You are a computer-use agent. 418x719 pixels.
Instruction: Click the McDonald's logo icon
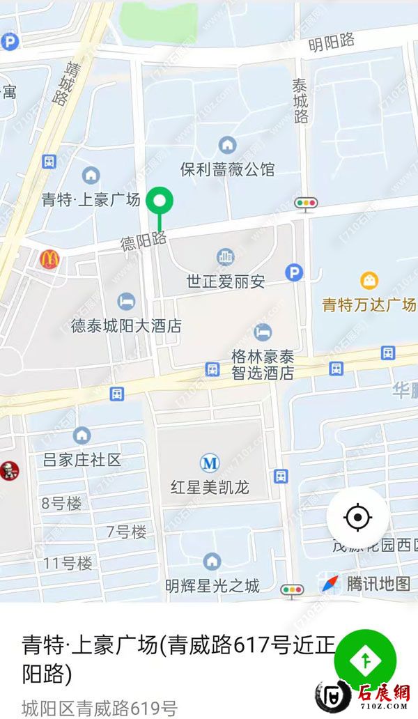click(x=49, y=259)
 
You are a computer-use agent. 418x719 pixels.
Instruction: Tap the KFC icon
click(x=9, y=470)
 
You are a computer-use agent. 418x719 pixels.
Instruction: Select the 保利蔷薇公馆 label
click(x=227, y=169)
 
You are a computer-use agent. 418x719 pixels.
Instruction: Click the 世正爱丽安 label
click(x=225, y=281)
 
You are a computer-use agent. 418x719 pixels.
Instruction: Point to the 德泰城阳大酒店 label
click(x=126, y=325)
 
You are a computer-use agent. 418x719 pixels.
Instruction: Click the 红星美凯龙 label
click(x=210, y=486)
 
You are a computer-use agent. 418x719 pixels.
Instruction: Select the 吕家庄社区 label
click(x=82, y=459)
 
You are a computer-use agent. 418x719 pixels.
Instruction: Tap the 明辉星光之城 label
click(x=212, y=585)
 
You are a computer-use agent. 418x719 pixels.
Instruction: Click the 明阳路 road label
click(x=332, y=43)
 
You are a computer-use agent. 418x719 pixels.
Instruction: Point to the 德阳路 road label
click(x=144, y=241)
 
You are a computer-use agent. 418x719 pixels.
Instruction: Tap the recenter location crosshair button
click(x=358, y=518)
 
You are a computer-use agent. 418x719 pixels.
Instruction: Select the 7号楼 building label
click(x=126, y=532)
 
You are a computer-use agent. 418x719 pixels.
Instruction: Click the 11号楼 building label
click(x=67, y=564)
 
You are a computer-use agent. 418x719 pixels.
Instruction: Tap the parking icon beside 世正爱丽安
click(x=295, y=272)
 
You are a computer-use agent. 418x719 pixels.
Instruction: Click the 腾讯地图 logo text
click(x=378, y=584)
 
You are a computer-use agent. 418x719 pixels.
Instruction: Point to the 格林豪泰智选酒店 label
click(x=262, y=364)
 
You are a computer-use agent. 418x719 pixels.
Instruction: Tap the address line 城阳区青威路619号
click(x=99, y=707)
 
